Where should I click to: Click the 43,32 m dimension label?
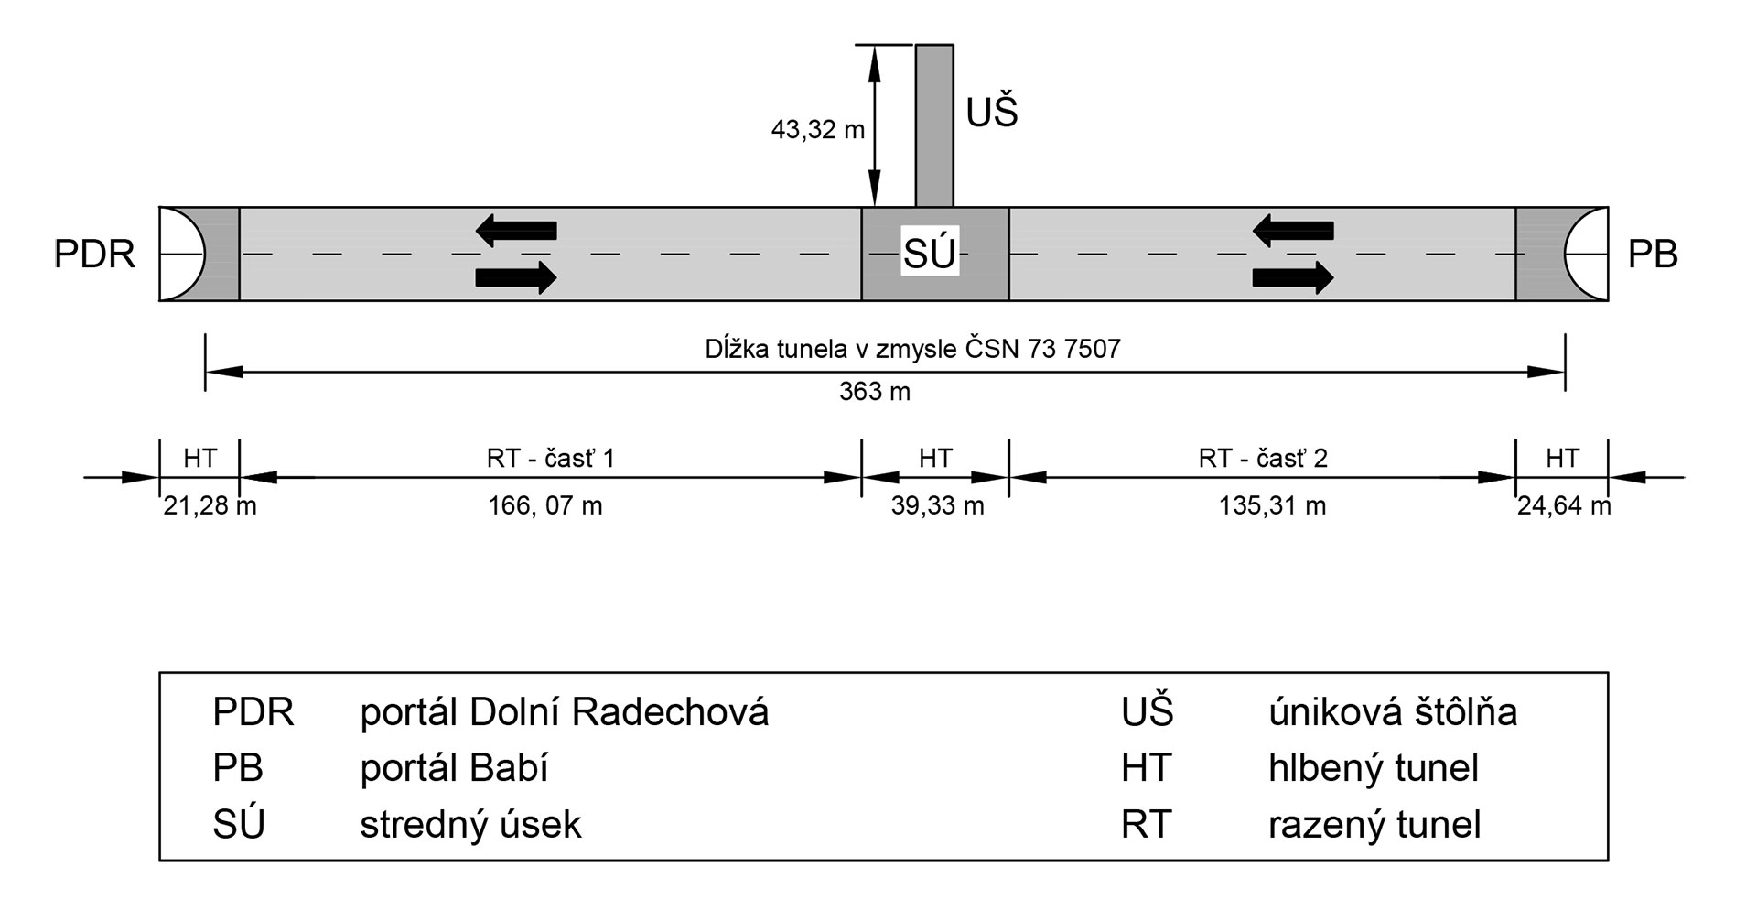click(817, 130)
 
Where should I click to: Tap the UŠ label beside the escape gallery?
click(992, 114)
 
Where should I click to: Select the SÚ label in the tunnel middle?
click(930, 254)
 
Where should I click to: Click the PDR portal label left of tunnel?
click(94, 254)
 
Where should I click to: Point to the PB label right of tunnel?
click(1653, 254)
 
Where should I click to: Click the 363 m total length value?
click(875, 392)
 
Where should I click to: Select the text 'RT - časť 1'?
click(551, 458)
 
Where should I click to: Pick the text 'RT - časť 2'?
click(1263, 458)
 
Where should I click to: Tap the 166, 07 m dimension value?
click(545, 505)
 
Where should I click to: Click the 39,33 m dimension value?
click(937, 505)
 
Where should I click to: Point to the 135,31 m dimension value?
click(1272, 505)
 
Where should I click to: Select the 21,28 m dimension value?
click(210, 505)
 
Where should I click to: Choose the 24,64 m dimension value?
click(1563, 505)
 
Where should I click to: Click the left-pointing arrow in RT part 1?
click(516, 230)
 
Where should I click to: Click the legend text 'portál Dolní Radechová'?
click(564, 712)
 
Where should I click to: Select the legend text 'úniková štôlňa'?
click(1392, 712)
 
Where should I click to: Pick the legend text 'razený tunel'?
click(1374, 825)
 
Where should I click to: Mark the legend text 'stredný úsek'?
click(470, 825)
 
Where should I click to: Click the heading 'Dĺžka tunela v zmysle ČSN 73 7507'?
click(912, 349)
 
